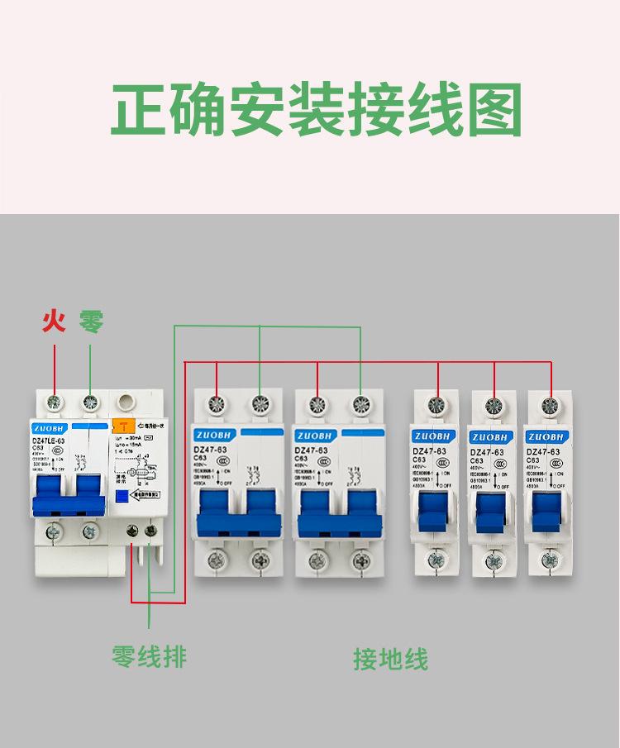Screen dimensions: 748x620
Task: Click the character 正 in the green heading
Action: [138, 110]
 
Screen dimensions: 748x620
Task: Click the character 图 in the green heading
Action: [494, 110]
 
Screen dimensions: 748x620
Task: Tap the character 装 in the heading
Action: [316, 110]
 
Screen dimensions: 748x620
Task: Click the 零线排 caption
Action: [149, 656]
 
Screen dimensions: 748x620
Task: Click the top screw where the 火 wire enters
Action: [55, 403]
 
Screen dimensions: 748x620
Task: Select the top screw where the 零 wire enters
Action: [91, 403]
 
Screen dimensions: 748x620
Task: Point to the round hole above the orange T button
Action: [126, 403]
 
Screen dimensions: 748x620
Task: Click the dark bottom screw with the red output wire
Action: [132, 532]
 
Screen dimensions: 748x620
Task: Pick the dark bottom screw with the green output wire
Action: [150, 532]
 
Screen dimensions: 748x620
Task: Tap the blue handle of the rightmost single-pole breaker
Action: [546, 510]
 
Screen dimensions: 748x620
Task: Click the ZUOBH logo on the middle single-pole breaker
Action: [488, 436]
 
